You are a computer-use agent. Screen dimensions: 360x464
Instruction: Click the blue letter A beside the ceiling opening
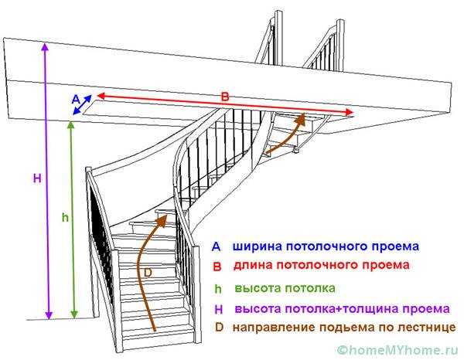coord(75,99)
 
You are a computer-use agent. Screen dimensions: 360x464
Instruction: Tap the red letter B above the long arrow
coord(225,97)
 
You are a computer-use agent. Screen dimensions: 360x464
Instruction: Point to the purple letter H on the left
coord(36,178)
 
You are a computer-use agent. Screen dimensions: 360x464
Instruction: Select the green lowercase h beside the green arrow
coord(66,218)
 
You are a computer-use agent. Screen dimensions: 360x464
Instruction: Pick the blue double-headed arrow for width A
coord(84,106)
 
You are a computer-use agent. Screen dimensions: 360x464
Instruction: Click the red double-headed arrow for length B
coord(224,104)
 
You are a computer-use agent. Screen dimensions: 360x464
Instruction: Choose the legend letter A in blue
coord(217,247)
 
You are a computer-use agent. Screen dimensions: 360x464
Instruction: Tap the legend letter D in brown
coord(218,328)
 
